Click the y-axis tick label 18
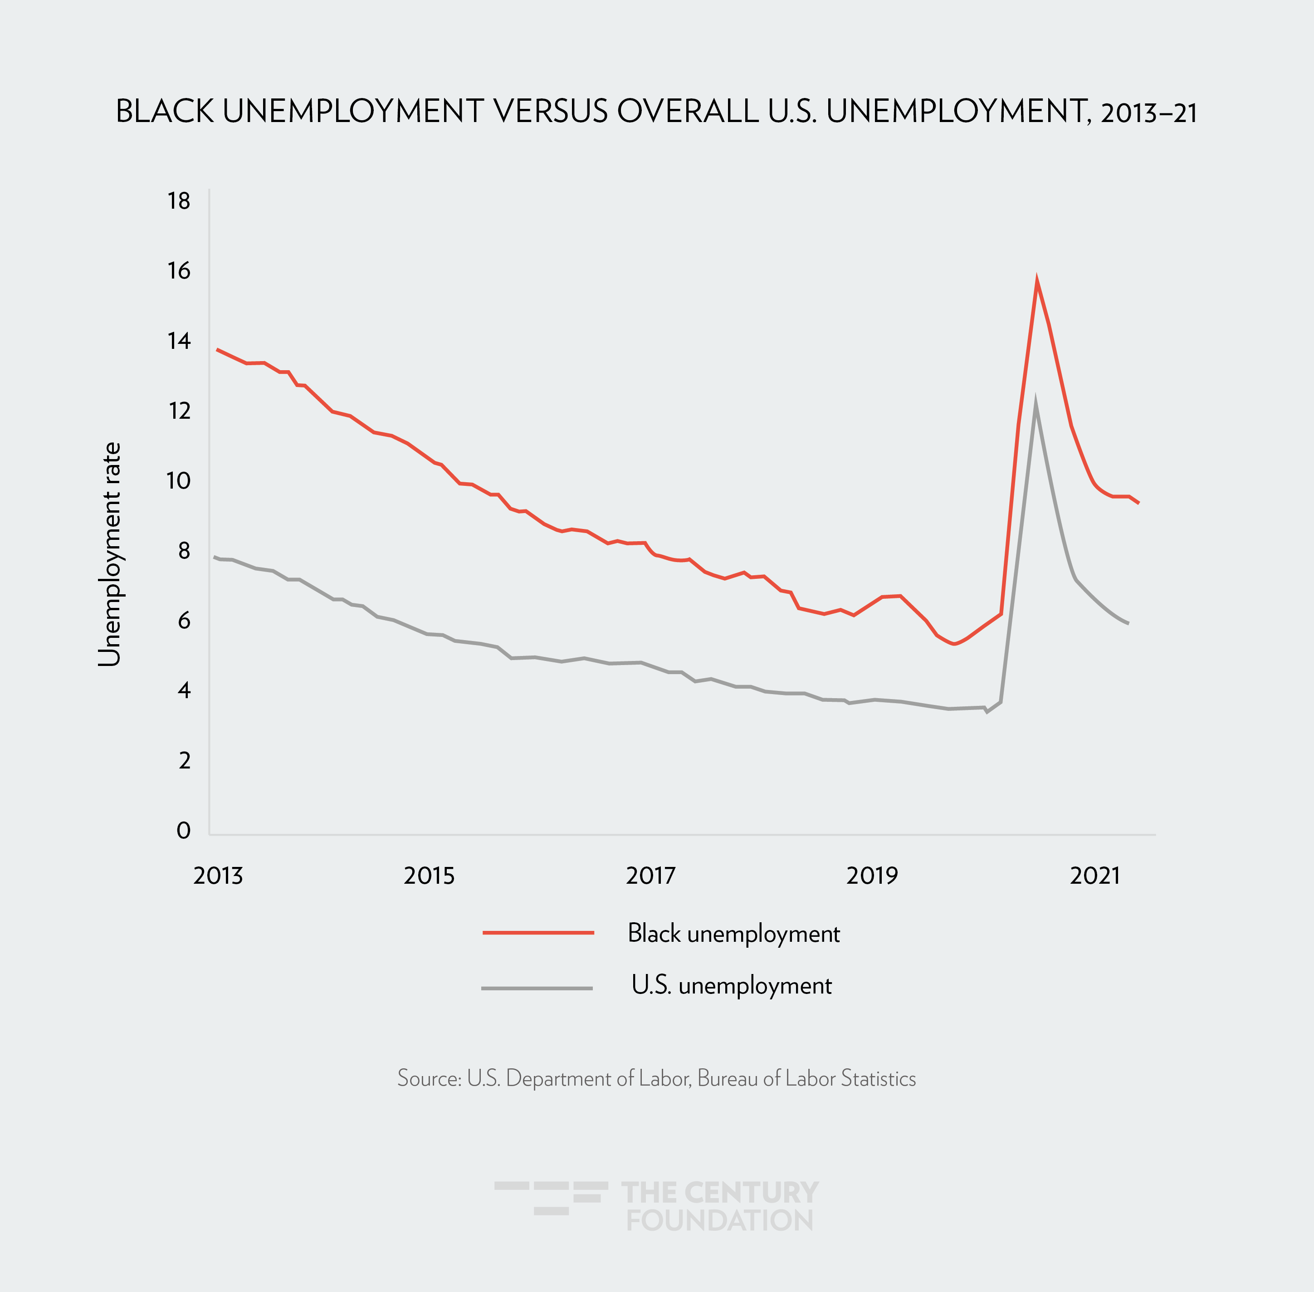[179, 201]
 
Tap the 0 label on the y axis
[183, 831]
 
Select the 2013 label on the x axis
[218, 876]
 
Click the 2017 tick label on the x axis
[650, 876]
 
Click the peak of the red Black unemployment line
[1036, 279]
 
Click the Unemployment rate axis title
[109, 554]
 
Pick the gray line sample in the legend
[537, 988]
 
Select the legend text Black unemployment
[733, 934]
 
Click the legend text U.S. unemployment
[731, 985]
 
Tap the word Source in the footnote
[429, 1078]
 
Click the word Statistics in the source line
[878, 1078]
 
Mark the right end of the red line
[1138, 503]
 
